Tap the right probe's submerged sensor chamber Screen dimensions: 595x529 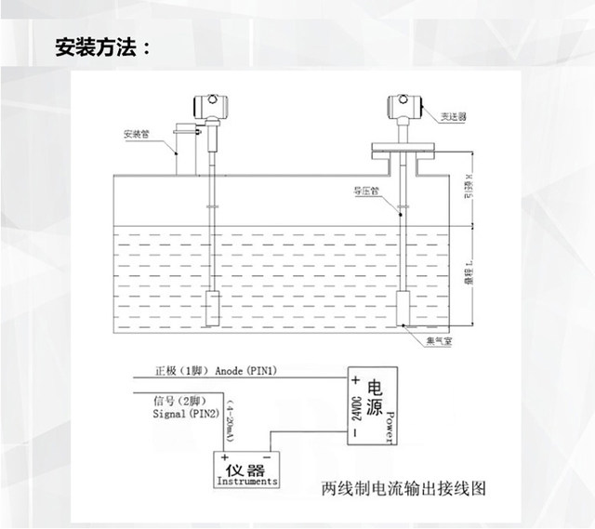click(406, 307)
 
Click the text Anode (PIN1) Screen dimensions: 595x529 click(245, 371)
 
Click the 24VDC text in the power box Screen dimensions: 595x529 click(356, 410)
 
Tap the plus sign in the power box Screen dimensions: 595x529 click(355, 381)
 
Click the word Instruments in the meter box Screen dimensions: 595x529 click(246, 482)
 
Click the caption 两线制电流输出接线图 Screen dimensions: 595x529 click(403, 486)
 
